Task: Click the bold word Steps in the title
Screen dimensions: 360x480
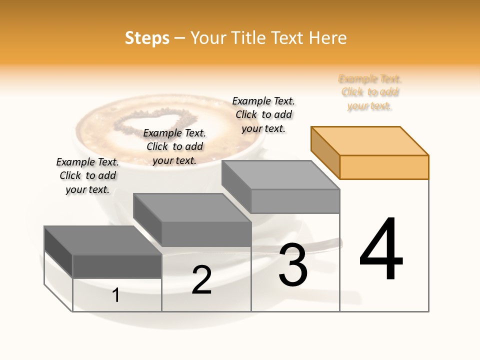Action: (x=147, y=38)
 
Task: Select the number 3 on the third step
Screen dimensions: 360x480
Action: (x=293, y=265)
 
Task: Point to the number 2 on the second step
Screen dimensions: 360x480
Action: (x=201, y=280)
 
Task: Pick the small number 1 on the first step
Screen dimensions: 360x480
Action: (x=116, y=295)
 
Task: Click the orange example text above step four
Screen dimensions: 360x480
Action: (x=370, y=92)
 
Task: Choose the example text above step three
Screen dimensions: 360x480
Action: (x=263, y=114)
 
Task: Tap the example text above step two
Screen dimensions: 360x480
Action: (x=174, y=146)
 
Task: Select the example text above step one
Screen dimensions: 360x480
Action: (x=87, y=175)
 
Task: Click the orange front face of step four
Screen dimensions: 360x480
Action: (x=384, y=167)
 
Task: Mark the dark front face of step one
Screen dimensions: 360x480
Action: (x=117, y=266)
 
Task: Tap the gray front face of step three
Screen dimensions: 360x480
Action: (x=295, y=201)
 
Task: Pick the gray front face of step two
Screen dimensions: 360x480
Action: (x=206, y=234)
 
